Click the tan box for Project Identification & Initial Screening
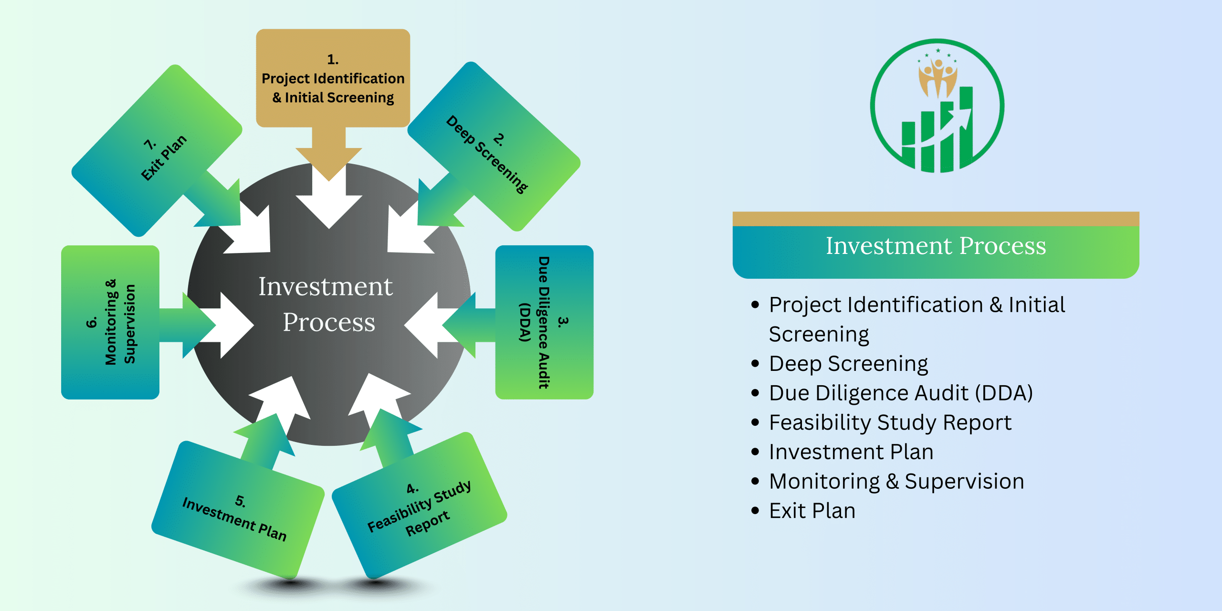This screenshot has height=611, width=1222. click(x=333, y=79)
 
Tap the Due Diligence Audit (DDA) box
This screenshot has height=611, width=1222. click(x=544, y=322)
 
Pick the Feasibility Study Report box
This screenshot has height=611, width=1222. click(x=420, y=506)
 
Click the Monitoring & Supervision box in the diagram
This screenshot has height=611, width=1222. click(x=110, y=322)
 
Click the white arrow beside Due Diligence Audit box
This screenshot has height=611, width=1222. click(x=427, y=325)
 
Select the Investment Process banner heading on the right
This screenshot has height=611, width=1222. click(x=936, y=246)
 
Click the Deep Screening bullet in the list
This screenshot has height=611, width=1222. click(x=848, y=364)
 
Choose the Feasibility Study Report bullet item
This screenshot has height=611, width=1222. click(x=890, y=422)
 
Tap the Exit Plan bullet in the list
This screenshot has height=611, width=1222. click(x=812, y=511)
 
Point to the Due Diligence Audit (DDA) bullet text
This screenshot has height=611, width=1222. click(x=900, y=393)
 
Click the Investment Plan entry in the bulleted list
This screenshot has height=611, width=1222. click(x=851, y=452)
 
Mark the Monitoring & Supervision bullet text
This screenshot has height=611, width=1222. click(x=896, y=481)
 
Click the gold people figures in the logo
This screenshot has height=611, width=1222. click(x=938, y=76)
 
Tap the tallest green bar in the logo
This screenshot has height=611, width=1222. click(x=966, y=129)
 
